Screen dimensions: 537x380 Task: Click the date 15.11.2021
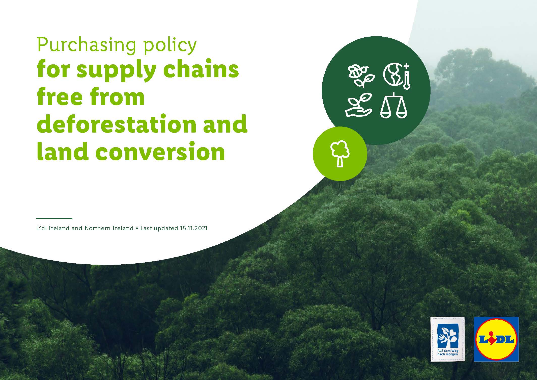(194, 229)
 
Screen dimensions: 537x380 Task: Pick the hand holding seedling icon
(358, 105)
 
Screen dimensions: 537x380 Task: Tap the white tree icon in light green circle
(340, 154)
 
